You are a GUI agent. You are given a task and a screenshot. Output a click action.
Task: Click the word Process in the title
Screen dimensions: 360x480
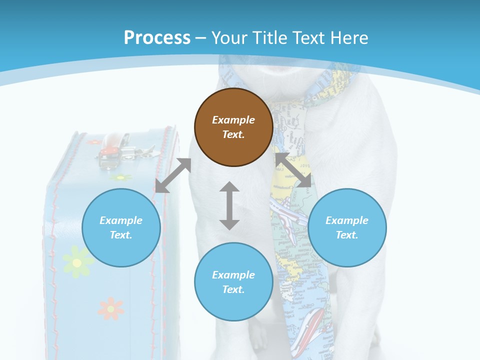[157, 38]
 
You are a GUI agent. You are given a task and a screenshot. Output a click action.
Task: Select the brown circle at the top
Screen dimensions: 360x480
[233, 127]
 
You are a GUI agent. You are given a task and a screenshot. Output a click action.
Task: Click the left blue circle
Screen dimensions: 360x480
[121, 227]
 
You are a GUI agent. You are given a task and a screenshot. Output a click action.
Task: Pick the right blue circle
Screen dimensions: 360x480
[347, 227]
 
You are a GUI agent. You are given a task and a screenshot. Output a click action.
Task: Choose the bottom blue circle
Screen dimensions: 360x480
[233, 282]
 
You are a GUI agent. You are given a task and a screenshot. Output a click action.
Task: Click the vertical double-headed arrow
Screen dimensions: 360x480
[229, 205]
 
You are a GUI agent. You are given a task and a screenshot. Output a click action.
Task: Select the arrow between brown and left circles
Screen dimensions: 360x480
[173, 175]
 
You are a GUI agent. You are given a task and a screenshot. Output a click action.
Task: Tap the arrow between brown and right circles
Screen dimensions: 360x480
[293, 170]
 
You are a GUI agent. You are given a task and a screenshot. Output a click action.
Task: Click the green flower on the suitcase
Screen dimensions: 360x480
[77, 262]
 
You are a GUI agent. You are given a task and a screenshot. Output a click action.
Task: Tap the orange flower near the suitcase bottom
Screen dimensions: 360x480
[110, 308]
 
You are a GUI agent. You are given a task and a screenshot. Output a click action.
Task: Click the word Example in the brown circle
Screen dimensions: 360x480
[233, 120]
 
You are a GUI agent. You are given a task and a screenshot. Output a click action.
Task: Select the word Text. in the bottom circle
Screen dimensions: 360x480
[233, 289]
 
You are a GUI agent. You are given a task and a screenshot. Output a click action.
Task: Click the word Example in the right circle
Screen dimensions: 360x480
[347, 220]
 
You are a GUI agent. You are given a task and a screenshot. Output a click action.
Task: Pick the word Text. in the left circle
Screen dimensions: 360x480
[121, 235]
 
